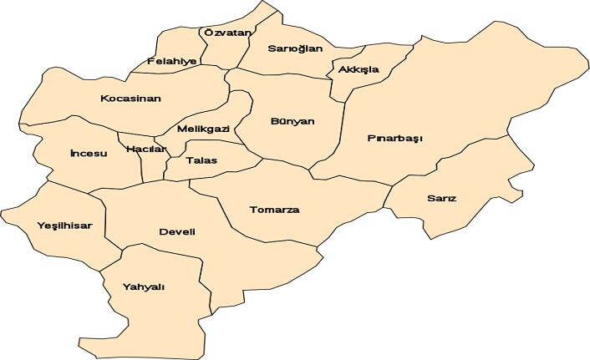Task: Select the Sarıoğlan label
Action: [294, 48]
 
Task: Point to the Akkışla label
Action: [359, 69]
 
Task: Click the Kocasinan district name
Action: [130, 99]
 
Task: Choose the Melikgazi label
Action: [203, 129]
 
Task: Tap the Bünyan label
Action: [292, 121]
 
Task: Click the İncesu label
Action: [89, 154]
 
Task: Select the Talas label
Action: [201, 160]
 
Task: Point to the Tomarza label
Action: [274, 210]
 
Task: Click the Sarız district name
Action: [441, 199]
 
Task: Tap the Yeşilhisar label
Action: [64, 226]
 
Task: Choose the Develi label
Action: [176, 231]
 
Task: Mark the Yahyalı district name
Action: [144, 286]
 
